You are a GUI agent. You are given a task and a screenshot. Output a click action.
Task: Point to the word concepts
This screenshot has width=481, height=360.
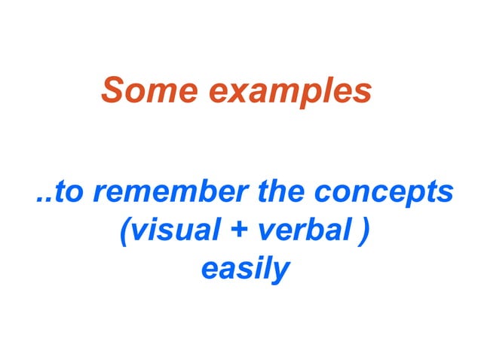(384, 193)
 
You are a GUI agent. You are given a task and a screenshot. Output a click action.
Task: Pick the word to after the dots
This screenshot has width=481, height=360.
(69, 192)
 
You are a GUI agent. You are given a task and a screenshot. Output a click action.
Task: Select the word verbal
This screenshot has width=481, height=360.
(296, 230)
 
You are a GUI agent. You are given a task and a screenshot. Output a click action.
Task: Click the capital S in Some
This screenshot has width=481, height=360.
(112, 91)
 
